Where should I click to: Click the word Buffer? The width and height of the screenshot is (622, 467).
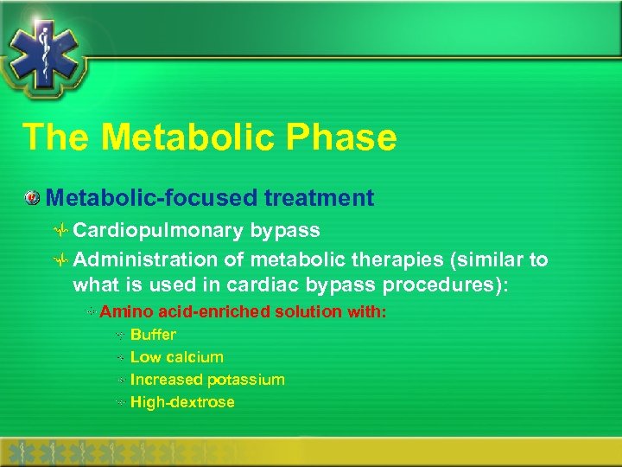coord(153,335)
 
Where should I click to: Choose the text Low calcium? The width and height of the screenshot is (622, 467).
coord(176,357)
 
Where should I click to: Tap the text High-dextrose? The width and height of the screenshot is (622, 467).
coord(182,402)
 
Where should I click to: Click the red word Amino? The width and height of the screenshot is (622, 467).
coord(122,311)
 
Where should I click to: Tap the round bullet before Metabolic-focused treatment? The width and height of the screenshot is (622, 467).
coord(32,199)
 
